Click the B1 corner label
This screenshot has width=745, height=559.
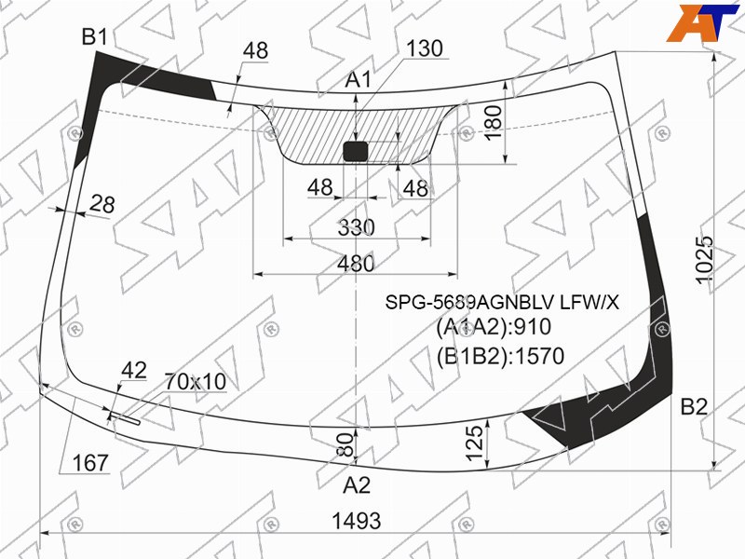pyautogui.click(x=95, y=36)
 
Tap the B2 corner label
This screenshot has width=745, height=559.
pyautogui.click(x=694, y=407)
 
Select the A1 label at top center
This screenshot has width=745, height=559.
pyautogui.click(x=358, y=79)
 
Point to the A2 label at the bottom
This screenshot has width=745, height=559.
pyautogui.click(x=357, y=485)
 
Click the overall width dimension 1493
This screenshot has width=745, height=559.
pyautogui.click(x=357, y=521)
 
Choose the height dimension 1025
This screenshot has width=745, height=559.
pyautogui.click(x=705, y=260)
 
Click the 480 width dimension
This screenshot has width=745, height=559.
pyautogui.click(x=356, y=264)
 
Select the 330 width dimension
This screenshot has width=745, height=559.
pyautogui.click(x=356, y=227)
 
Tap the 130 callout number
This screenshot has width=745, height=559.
pyautogui.click(x=425, y=48)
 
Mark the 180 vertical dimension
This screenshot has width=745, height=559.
pyautogui.click(x=494, y=122)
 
